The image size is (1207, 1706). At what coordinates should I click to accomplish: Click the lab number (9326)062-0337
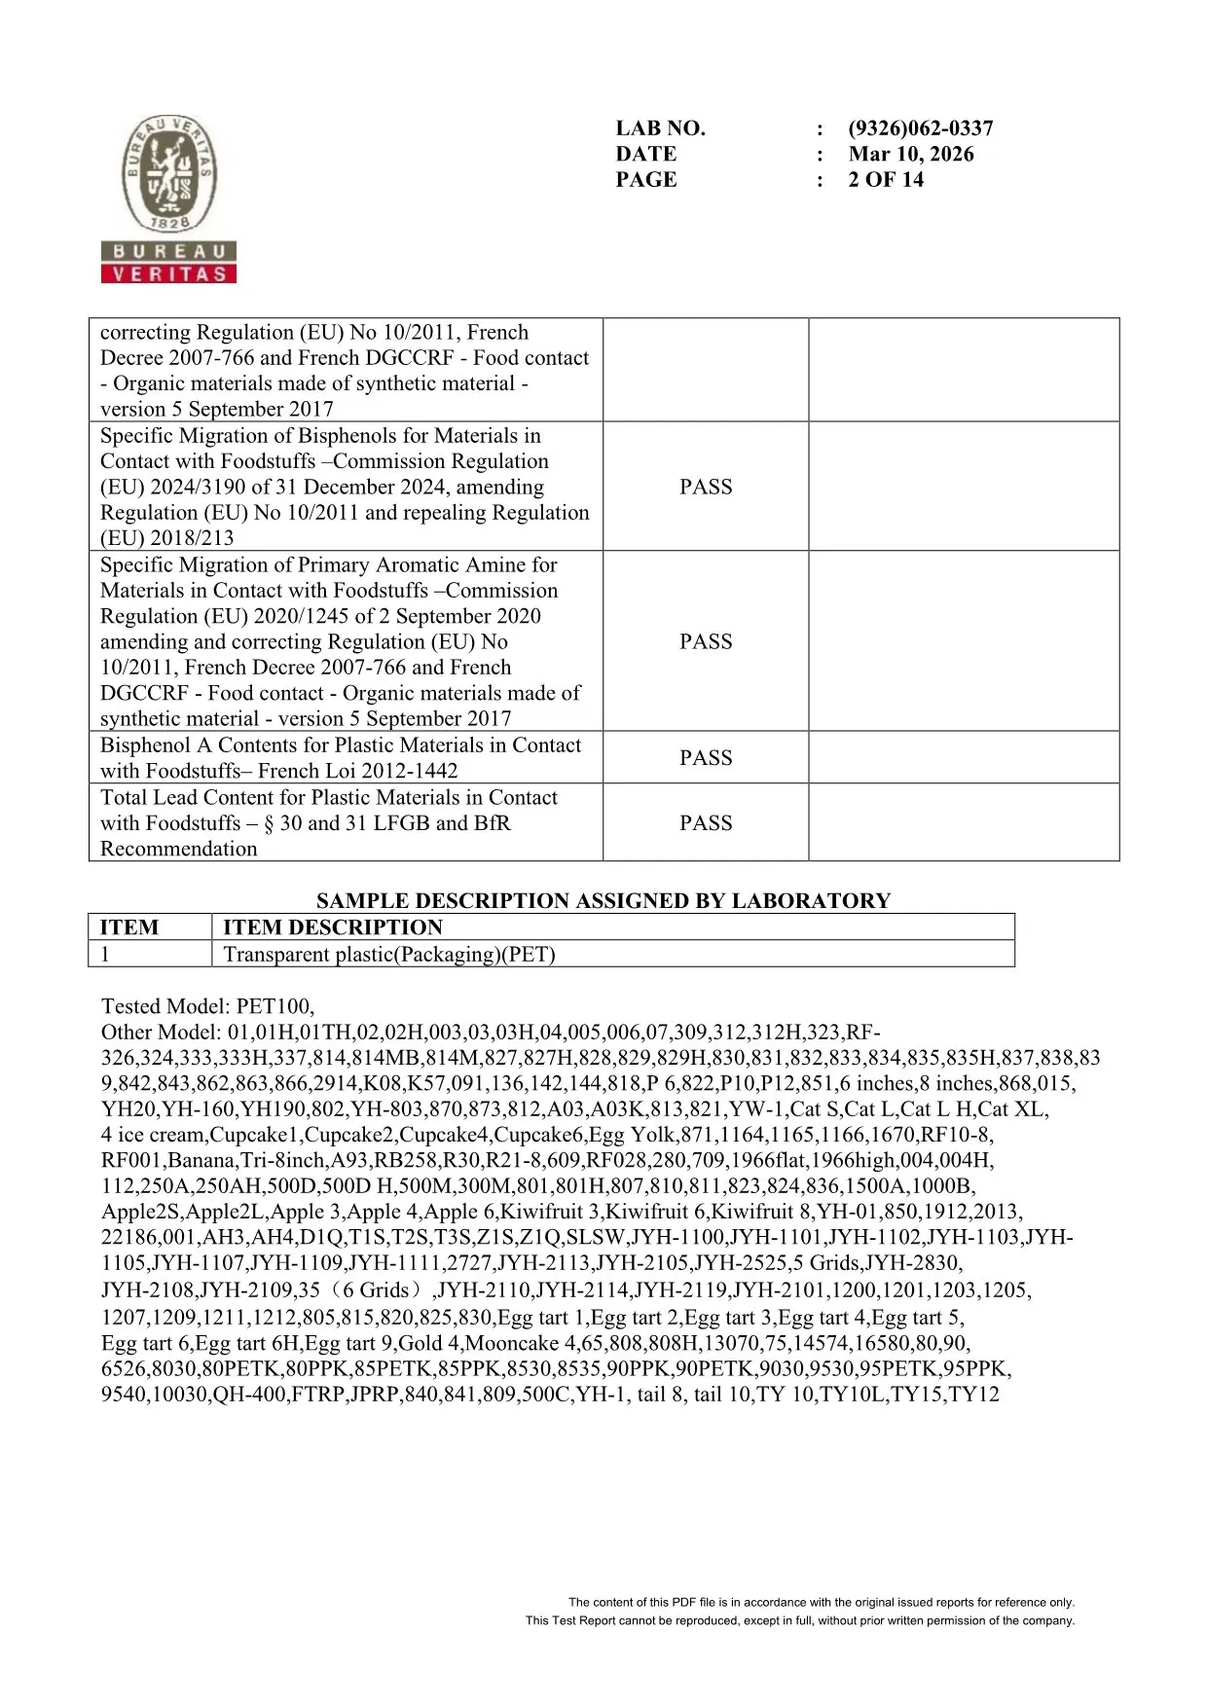(920, 128)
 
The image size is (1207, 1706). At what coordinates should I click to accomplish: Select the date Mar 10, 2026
(910, 154)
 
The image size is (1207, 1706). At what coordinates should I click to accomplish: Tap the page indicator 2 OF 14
(885, 179)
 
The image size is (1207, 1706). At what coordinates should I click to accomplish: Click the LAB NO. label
(660, 128)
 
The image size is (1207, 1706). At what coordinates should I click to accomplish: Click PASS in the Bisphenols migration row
(705, 487)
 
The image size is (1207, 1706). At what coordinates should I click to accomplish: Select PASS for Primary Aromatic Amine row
(705, 641)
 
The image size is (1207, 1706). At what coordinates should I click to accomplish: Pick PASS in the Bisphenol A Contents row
(705, 757)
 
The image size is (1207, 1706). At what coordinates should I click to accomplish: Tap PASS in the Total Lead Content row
(705, 822)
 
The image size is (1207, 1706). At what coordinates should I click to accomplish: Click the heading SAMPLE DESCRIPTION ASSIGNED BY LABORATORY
(603, 900)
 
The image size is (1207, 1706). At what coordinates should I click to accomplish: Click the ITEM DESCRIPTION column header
(332, 927)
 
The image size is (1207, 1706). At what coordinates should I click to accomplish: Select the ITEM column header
(128, 927)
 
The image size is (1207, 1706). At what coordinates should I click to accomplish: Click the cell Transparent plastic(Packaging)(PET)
(389, 954)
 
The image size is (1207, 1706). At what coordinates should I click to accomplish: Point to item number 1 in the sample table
(105, 954)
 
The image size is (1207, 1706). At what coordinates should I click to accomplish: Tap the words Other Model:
(162, 1032)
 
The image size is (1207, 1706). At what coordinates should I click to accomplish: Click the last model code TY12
(974, 1394)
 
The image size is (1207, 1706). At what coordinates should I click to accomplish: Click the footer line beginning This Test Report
(800, 1620)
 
